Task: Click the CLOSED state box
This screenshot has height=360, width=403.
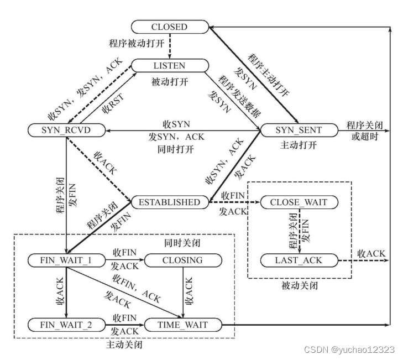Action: (170, 27)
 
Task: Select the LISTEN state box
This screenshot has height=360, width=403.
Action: (170, 66)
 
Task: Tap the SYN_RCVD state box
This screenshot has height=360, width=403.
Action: (66, 130)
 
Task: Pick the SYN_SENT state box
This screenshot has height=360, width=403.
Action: (299, 130)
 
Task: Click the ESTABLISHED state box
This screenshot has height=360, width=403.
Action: (170, 202)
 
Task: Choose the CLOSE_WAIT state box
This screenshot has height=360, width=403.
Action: (299, 202)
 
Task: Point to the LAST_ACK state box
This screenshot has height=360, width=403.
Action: (299, 260)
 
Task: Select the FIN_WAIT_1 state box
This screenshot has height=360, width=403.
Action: (66, 260)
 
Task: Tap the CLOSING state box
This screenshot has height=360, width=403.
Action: (183, 260)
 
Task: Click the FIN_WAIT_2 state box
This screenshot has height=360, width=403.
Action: (66, 325)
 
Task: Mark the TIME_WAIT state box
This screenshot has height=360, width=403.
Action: (183, 325)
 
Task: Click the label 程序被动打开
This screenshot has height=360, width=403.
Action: (137, 43)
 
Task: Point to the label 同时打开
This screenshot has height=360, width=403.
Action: (176, 149)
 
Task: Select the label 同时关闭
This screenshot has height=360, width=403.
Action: (182, 243)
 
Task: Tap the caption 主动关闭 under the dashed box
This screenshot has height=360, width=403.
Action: (124, 345)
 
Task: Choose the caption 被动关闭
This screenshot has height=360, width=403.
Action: (300, 285)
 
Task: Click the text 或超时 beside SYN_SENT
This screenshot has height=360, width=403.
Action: (365, 137)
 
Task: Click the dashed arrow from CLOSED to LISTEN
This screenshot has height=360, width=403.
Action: (170, 46)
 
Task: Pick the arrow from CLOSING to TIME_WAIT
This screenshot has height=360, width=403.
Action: (183, 293)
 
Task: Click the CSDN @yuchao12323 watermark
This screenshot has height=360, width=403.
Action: (349, 349)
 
